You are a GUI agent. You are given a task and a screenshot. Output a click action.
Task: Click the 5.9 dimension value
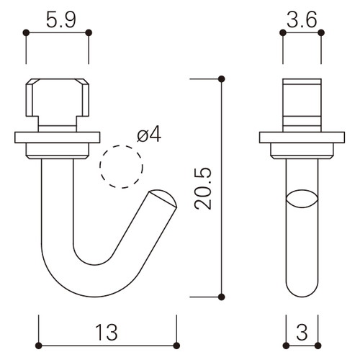(61, 20)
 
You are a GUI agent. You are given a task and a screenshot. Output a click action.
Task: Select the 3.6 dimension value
(302, 20)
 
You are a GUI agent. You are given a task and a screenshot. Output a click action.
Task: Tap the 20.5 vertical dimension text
(203, 189)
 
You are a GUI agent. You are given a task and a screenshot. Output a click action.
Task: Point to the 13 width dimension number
(107, 333)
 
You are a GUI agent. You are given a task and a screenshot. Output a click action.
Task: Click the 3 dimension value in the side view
(302, 333)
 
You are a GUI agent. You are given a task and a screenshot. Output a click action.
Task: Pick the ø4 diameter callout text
(149, 135)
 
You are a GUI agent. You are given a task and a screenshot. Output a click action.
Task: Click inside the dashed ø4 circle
(122, 167)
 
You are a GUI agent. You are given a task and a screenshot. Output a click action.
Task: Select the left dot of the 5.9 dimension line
(26, 32)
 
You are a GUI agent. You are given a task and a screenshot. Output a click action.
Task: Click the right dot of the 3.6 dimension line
(321, 32)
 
